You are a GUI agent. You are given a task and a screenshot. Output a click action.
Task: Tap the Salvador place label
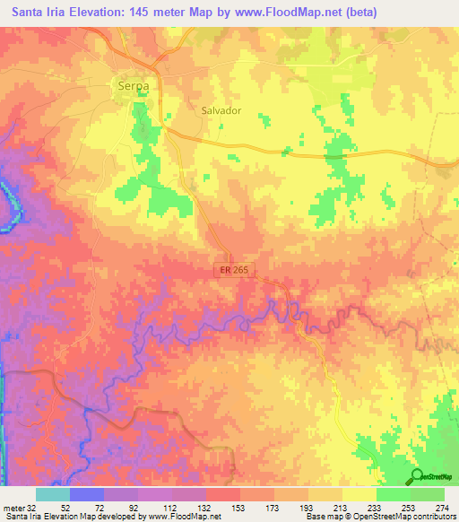(x=221, y=110)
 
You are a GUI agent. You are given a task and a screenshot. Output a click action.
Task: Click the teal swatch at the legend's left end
(x=52, y=494)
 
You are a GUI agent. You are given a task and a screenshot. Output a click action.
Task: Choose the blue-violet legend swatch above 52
(x=87, y=494)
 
